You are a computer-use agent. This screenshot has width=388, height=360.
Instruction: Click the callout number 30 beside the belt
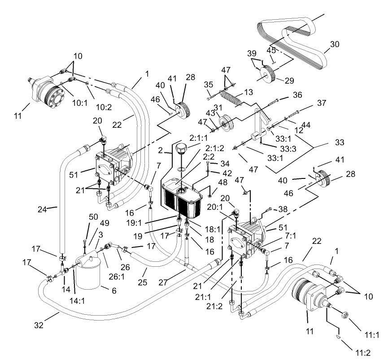point(335,44)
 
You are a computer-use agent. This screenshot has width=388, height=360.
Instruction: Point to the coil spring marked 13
point(236,97)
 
